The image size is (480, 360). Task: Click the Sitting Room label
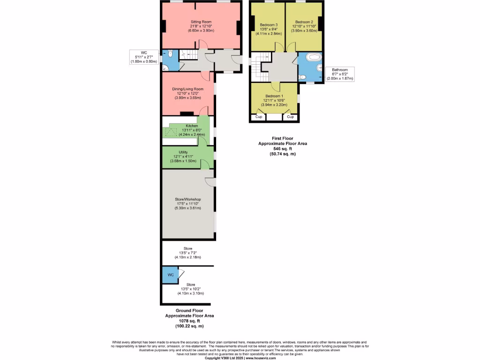coord(201,22)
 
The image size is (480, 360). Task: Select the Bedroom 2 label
coord(304,22)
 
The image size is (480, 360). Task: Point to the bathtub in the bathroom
coord(313,58)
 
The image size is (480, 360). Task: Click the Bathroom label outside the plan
coord(340,69)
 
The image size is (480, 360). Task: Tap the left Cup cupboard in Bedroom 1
coord(259,117)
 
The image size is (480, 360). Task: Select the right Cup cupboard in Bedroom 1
coord(290,117)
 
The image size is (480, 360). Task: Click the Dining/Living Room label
coord(187,89)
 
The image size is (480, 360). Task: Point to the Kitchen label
coord(192,126)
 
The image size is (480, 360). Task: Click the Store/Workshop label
coord(187,199)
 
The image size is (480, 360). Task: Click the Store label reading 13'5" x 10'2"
coord(190,285)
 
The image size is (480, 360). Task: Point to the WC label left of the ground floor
coord(144,52)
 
